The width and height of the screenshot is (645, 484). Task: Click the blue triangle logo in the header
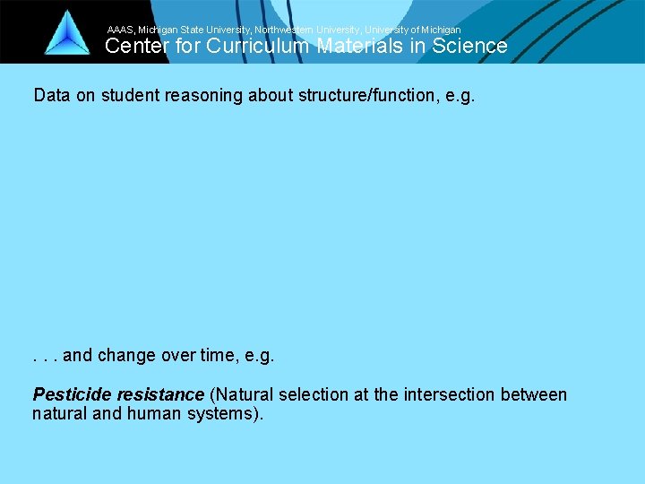click(67, 34)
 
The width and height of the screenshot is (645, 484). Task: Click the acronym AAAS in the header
click(121, 30)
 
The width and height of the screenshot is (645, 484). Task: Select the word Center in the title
click(135, 47)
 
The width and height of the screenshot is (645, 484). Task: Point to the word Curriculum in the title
click(260, 47)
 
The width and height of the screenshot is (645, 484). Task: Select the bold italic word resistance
click(160, 394)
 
